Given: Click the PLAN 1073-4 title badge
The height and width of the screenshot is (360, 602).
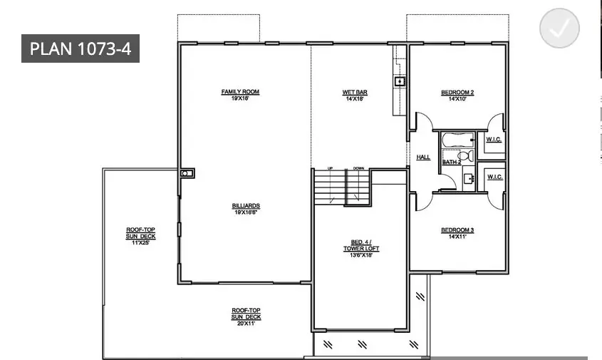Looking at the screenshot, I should (x=80, y=48).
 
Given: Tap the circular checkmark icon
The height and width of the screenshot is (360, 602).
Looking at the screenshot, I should (x=560, y=29).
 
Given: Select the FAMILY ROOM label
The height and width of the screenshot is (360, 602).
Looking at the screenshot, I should (x=240, y=92).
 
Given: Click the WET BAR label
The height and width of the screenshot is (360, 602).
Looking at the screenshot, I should (x=354, y=92).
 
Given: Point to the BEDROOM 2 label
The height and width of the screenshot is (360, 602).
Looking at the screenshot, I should (x=457, y=92).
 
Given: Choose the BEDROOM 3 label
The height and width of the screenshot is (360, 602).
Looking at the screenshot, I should (x=457, y=230).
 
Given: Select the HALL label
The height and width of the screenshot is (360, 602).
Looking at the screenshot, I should (x=423, y=157).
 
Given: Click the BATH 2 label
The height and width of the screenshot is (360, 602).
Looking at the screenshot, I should (x=452, y=163).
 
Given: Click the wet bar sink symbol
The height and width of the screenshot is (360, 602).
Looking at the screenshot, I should (x=400, y=82).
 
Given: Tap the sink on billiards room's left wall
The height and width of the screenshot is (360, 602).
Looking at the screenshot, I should (x=186, y=173).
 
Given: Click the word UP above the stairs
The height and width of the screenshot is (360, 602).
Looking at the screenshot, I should (x=331, y=168).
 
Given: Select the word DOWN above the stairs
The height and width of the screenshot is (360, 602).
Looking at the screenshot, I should (x=358, y=168).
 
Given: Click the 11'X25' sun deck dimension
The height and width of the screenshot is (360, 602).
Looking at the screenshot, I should (x=140, y=242).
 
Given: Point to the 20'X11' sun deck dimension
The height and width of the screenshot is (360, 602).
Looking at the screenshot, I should (x=246, y=323).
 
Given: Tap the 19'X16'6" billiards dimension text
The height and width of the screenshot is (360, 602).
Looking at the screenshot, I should (x=244, y=212).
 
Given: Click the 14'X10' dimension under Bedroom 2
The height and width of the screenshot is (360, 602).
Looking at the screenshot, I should (x=457, y=98).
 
